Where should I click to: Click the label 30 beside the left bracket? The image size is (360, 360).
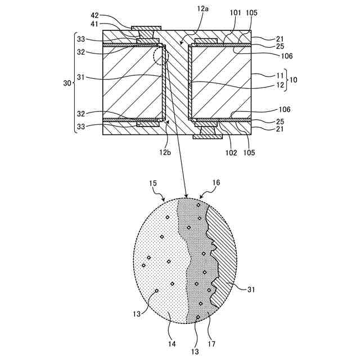coord(67,83)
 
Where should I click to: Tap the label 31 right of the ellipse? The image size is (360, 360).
coord(253,290)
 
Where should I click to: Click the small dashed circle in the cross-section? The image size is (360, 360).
coord(160,56)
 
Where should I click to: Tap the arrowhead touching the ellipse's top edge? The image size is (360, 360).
coord(186,195)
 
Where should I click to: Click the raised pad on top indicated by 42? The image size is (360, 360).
coord(146,28)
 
